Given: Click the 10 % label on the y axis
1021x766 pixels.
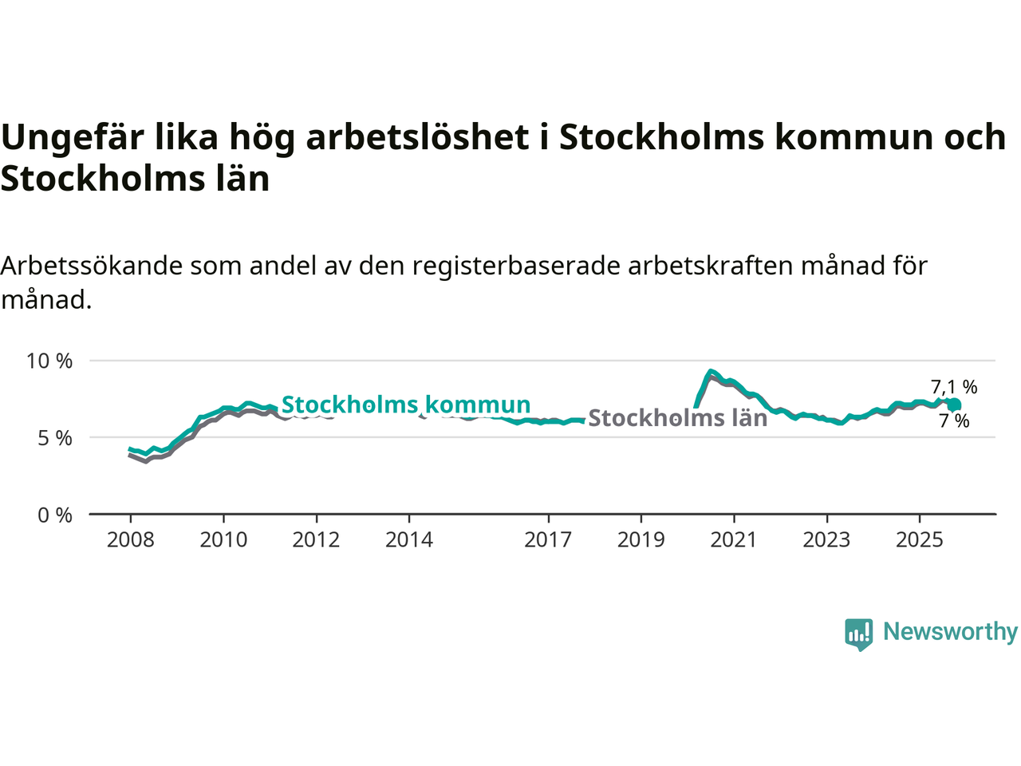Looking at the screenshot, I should point(49,361).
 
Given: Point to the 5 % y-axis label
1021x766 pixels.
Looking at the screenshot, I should point(55,438).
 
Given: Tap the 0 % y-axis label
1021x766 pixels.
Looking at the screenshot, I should point(55,515).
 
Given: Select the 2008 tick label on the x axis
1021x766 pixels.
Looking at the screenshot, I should point(131,540).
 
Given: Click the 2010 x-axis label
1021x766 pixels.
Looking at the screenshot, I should point(223,540).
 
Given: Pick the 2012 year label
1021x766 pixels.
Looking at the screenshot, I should point(317,540).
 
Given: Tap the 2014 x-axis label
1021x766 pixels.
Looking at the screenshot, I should point(409,540).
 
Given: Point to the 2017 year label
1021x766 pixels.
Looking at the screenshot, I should point(548,540).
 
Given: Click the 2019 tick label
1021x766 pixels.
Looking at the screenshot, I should point(641,540).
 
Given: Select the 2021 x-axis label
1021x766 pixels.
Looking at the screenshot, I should point(734,540).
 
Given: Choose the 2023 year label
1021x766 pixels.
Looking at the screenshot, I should point(826,540).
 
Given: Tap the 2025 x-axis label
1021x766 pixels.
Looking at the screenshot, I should point(919,540).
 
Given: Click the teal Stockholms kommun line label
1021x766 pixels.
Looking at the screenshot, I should point(406,405).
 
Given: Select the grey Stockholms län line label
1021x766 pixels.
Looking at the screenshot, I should point(677,418).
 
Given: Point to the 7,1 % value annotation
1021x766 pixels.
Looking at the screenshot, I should point(954,387).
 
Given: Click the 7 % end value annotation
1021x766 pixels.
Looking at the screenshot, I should point(954,421).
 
